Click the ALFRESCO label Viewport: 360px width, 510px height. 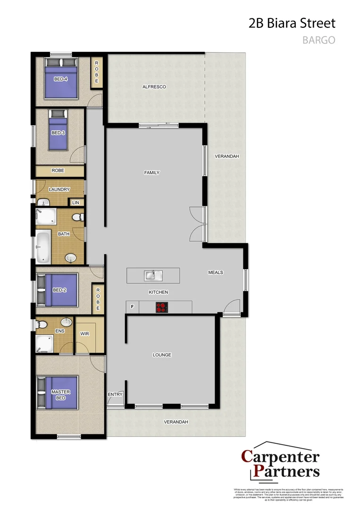coord(154,87)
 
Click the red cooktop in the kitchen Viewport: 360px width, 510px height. coord(162,307)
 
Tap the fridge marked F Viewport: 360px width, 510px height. coord(132,307)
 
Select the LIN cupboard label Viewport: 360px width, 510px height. coord(75,202)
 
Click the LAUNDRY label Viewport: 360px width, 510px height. coord(59,189)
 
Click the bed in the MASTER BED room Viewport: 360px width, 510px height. coord(58,392)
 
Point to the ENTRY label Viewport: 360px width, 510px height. coord(115,394)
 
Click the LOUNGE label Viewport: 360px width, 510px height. coord(162,355)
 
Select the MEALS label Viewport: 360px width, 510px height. coord(216,272)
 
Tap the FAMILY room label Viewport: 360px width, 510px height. coord(152,173)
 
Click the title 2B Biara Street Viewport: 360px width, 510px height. coord(292,24)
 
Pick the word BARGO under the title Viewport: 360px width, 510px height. coord(318,40)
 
